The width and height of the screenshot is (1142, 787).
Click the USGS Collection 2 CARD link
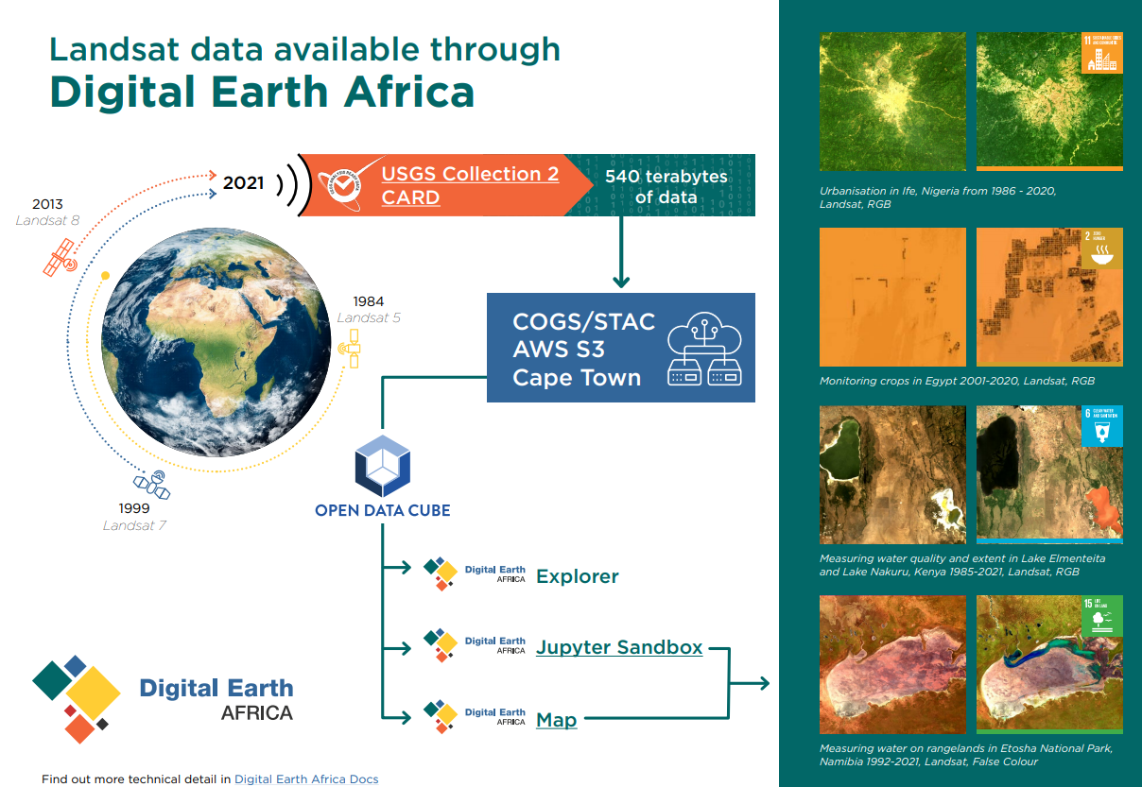tap(470, 185)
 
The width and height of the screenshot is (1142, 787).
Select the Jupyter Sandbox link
tap(618, 647)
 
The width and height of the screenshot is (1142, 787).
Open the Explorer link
tap(577, 576)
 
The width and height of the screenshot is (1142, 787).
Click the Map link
tap(556, 720)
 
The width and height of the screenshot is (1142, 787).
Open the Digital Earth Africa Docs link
tap(306, 779)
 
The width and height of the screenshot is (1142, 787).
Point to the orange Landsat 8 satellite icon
tap(60, 257)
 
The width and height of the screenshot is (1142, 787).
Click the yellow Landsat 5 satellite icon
tap(351, 349)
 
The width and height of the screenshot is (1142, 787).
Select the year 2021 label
tap(243, 182)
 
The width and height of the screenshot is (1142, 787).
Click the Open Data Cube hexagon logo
tap(381, 466)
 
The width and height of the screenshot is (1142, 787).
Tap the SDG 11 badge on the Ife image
tap(1101, 53)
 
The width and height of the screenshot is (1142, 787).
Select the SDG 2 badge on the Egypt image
tap(1101, 248)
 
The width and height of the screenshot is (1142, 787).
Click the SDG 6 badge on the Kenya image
tap(1101, 426)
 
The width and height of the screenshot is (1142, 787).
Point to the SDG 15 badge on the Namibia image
tap(1101, 616)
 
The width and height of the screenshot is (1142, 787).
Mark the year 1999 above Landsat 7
tap(134, 508)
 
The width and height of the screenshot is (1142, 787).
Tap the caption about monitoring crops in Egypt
tap(957, 382)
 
